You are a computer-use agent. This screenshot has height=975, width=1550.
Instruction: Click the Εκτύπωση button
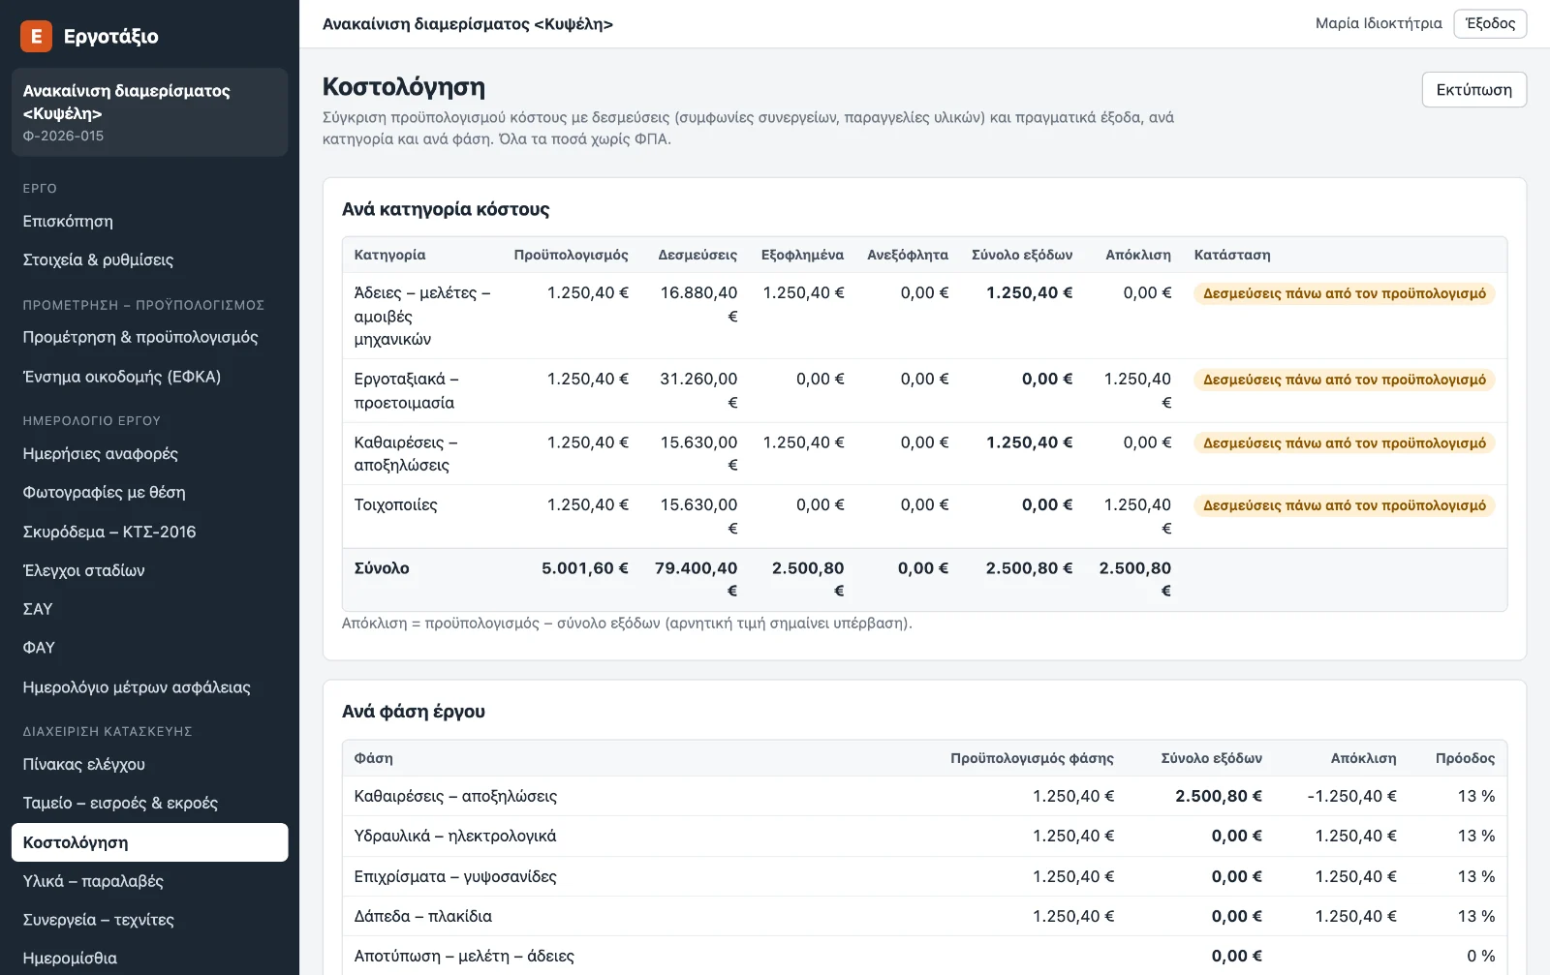click(1473, 90)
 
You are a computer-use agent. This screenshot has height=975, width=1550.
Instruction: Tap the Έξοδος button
click(1490, 23)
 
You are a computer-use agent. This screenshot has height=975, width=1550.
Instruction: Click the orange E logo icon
click(36, 36)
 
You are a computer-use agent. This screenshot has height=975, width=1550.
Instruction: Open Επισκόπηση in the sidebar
click(68, 222)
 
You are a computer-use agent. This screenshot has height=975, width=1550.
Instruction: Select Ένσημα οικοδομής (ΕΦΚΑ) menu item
click(122, 377)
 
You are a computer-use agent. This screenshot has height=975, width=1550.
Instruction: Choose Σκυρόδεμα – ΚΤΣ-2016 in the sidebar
click(109, 532)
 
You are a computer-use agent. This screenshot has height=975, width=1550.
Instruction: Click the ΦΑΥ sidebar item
click(39, 648)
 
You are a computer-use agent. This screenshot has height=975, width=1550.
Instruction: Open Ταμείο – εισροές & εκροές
click(120, 803)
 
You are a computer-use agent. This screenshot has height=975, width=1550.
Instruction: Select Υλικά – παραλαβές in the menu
click(93, 881)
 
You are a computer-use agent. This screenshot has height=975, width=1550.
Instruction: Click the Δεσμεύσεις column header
click(697, 255)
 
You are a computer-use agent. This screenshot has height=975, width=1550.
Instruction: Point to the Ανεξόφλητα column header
click(907, 255)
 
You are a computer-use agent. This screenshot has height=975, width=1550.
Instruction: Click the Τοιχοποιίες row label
click(396, 504)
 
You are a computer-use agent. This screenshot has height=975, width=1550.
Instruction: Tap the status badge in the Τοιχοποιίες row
click(1345, 505)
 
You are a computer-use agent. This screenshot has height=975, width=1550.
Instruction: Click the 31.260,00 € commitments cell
click(698, 391)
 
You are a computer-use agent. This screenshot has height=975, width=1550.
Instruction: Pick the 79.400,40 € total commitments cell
click(697, 579)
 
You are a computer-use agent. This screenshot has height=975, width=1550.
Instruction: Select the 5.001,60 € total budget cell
click(585, 568)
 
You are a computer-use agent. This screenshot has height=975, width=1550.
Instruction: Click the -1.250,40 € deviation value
click(1352, 797)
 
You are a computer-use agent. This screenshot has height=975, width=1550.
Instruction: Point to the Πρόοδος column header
click(1465, 758)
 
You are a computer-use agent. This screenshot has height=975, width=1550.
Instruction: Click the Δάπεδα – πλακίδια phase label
click(422, 916)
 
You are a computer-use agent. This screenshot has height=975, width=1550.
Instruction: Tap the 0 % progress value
click(1481, 957)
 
